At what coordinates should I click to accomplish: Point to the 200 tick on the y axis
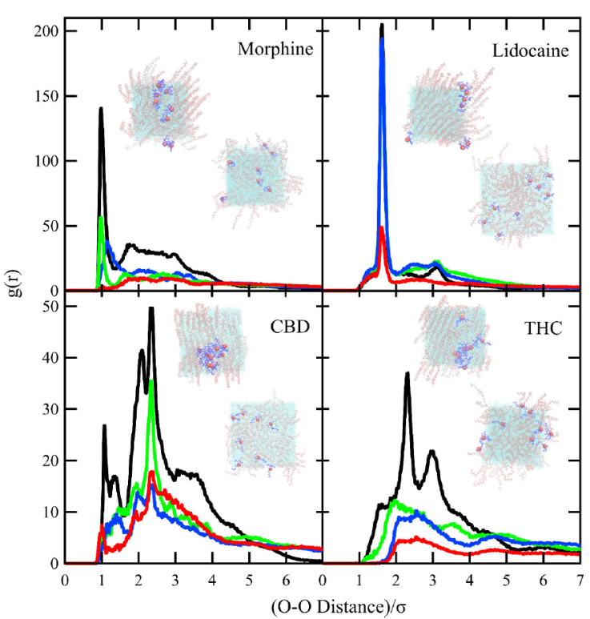point(47,31)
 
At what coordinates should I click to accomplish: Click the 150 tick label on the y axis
point(47,96)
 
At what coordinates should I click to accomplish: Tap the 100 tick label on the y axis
point(47,161)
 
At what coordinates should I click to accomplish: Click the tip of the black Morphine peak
point(101,108)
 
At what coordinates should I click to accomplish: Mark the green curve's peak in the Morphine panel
point(100,217)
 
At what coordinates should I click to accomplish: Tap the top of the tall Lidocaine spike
point(382,26)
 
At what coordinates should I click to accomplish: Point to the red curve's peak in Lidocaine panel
point(382,228)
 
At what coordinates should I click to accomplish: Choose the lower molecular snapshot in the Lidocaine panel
point(515,200)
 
